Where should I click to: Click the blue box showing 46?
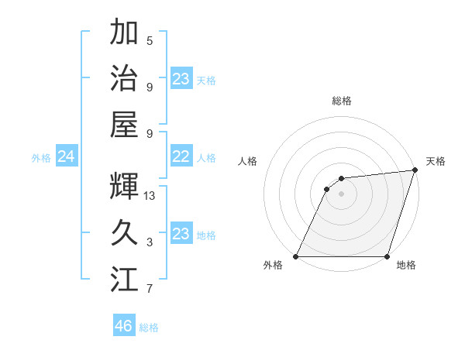coord(124,325)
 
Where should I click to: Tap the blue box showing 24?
coord(67,157)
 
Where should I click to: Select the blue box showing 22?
coord(181,157)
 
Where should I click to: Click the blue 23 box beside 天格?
coord(181,78)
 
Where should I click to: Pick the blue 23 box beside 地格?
coord(181,234)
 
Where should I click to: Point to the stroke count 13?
coord(150,196)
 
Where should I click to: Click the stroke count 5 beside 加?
coord(149,40)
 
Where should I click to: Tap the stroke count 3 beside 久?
coord(149,242)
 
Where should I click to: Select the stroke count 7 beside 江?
coord(149,289)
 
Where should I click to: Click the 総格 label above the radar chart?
coord(342,101)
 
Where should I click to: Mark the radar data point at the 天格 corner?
coord(416,170)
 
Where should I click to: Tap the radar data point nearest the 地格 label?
coord(387,256)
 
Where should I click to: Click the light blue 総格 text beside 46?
coord(149,328)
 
